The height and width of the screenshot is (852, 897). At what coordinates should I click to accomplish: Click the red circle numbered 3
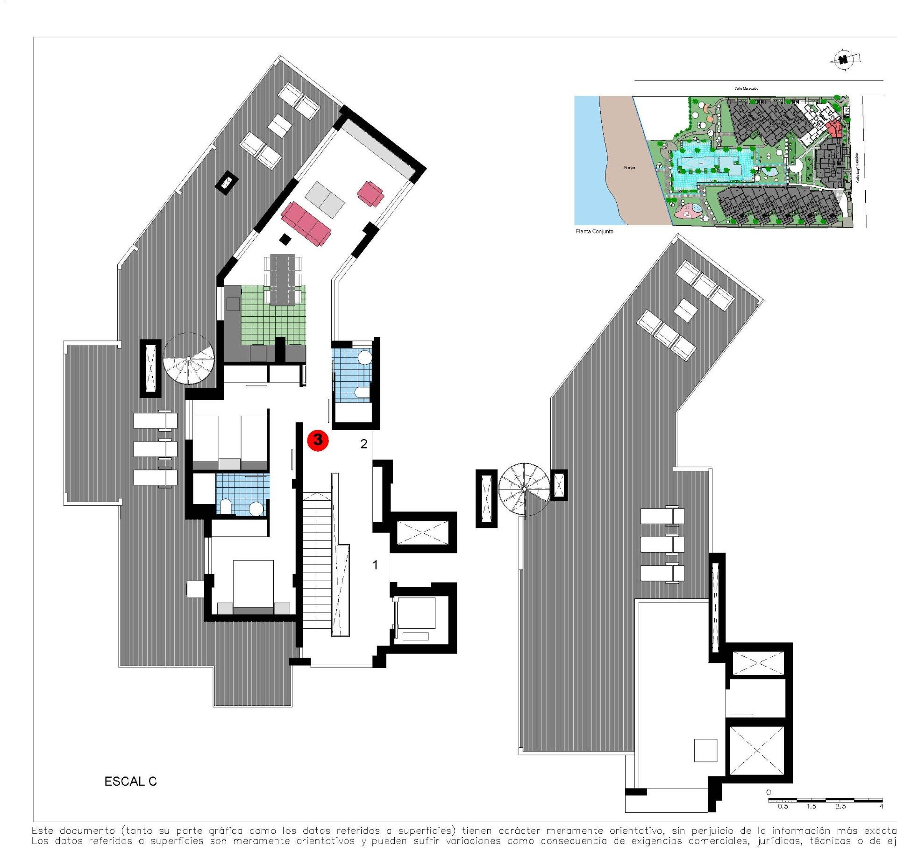(318, 440)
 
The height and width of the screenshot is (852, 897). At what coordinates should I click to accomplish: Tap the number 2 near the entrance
(364, 444)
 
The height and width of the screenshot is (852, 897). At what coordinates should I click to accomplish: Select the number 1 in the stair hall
(375, 565)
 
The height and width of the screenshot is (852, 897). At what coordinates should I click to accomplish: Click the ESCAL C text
(130, 781)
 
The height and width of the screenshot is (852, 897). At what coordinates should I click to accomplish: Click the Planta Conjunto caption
(594, 232)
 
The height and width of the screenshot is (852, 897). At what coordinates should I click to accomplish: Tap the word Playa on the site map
(629, 168)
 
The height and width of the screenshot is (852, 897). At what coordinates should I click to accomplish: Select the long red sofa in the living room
(306, 224)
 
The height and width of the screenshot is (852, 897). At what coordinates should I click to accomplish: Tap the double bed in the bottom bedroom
(253, 584)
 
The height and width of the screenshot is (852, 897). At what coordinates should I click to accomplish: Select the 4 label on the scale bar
(882, 806)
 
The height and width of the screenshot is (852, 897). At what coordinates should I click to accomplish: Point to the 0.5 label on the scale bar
(783, 806)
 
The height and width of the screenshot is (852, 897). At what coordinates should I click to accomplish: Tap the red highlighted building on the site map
(833, 128)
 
